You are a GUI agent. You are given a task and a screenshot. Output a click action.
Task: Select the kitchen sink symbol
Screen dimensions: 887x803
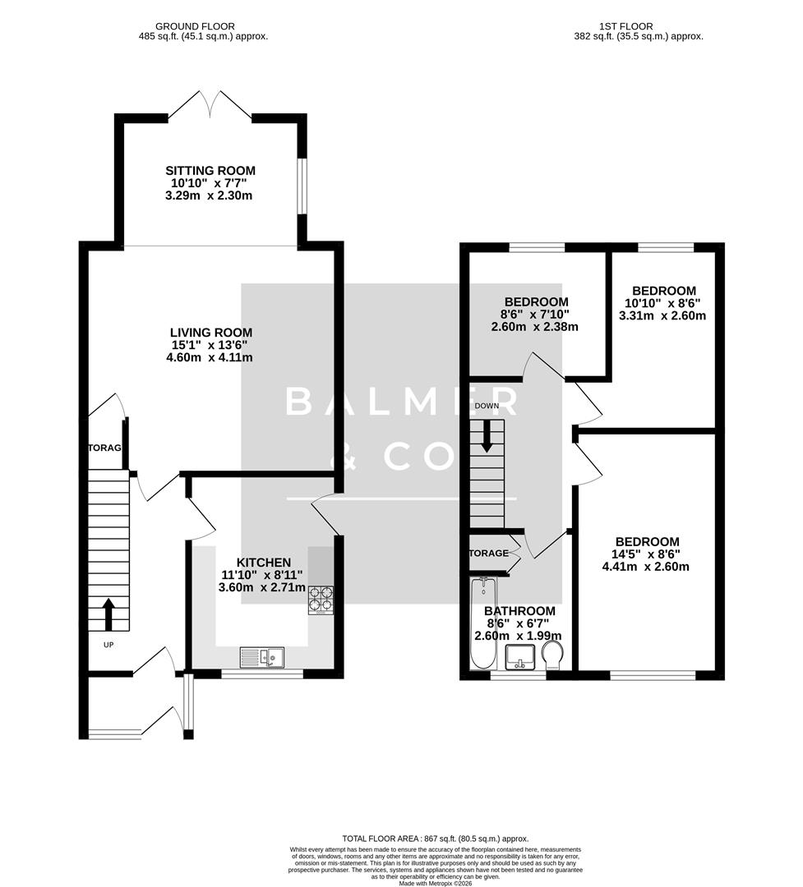pos(262,657)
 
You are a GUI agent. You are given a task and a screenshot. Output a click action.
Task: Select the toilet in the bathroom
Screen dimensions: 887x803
pos(553,655)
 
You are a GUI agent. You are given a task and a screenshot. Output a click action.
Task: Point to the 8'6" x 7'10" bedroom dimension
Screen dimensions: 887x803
pos(536,314)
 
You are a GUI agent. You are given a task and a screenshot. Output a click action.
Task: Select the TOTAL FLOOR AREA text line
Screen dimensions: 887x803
pos(436,837)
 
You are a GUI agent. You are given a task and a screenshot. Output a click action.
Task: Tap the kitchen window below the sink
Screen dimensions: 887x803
pos(262,674)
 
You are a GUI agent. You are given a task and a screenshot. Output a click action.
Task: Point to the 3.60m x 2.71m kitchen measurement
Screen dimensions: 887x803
pos(261,587)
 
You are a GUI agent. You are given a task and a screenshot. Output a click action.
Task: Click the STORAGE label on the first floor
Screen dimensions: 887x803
pos(489,554)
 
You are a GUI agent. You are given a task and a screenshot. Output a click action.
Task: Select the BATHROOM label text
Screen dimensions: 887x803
pos(519,611)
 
